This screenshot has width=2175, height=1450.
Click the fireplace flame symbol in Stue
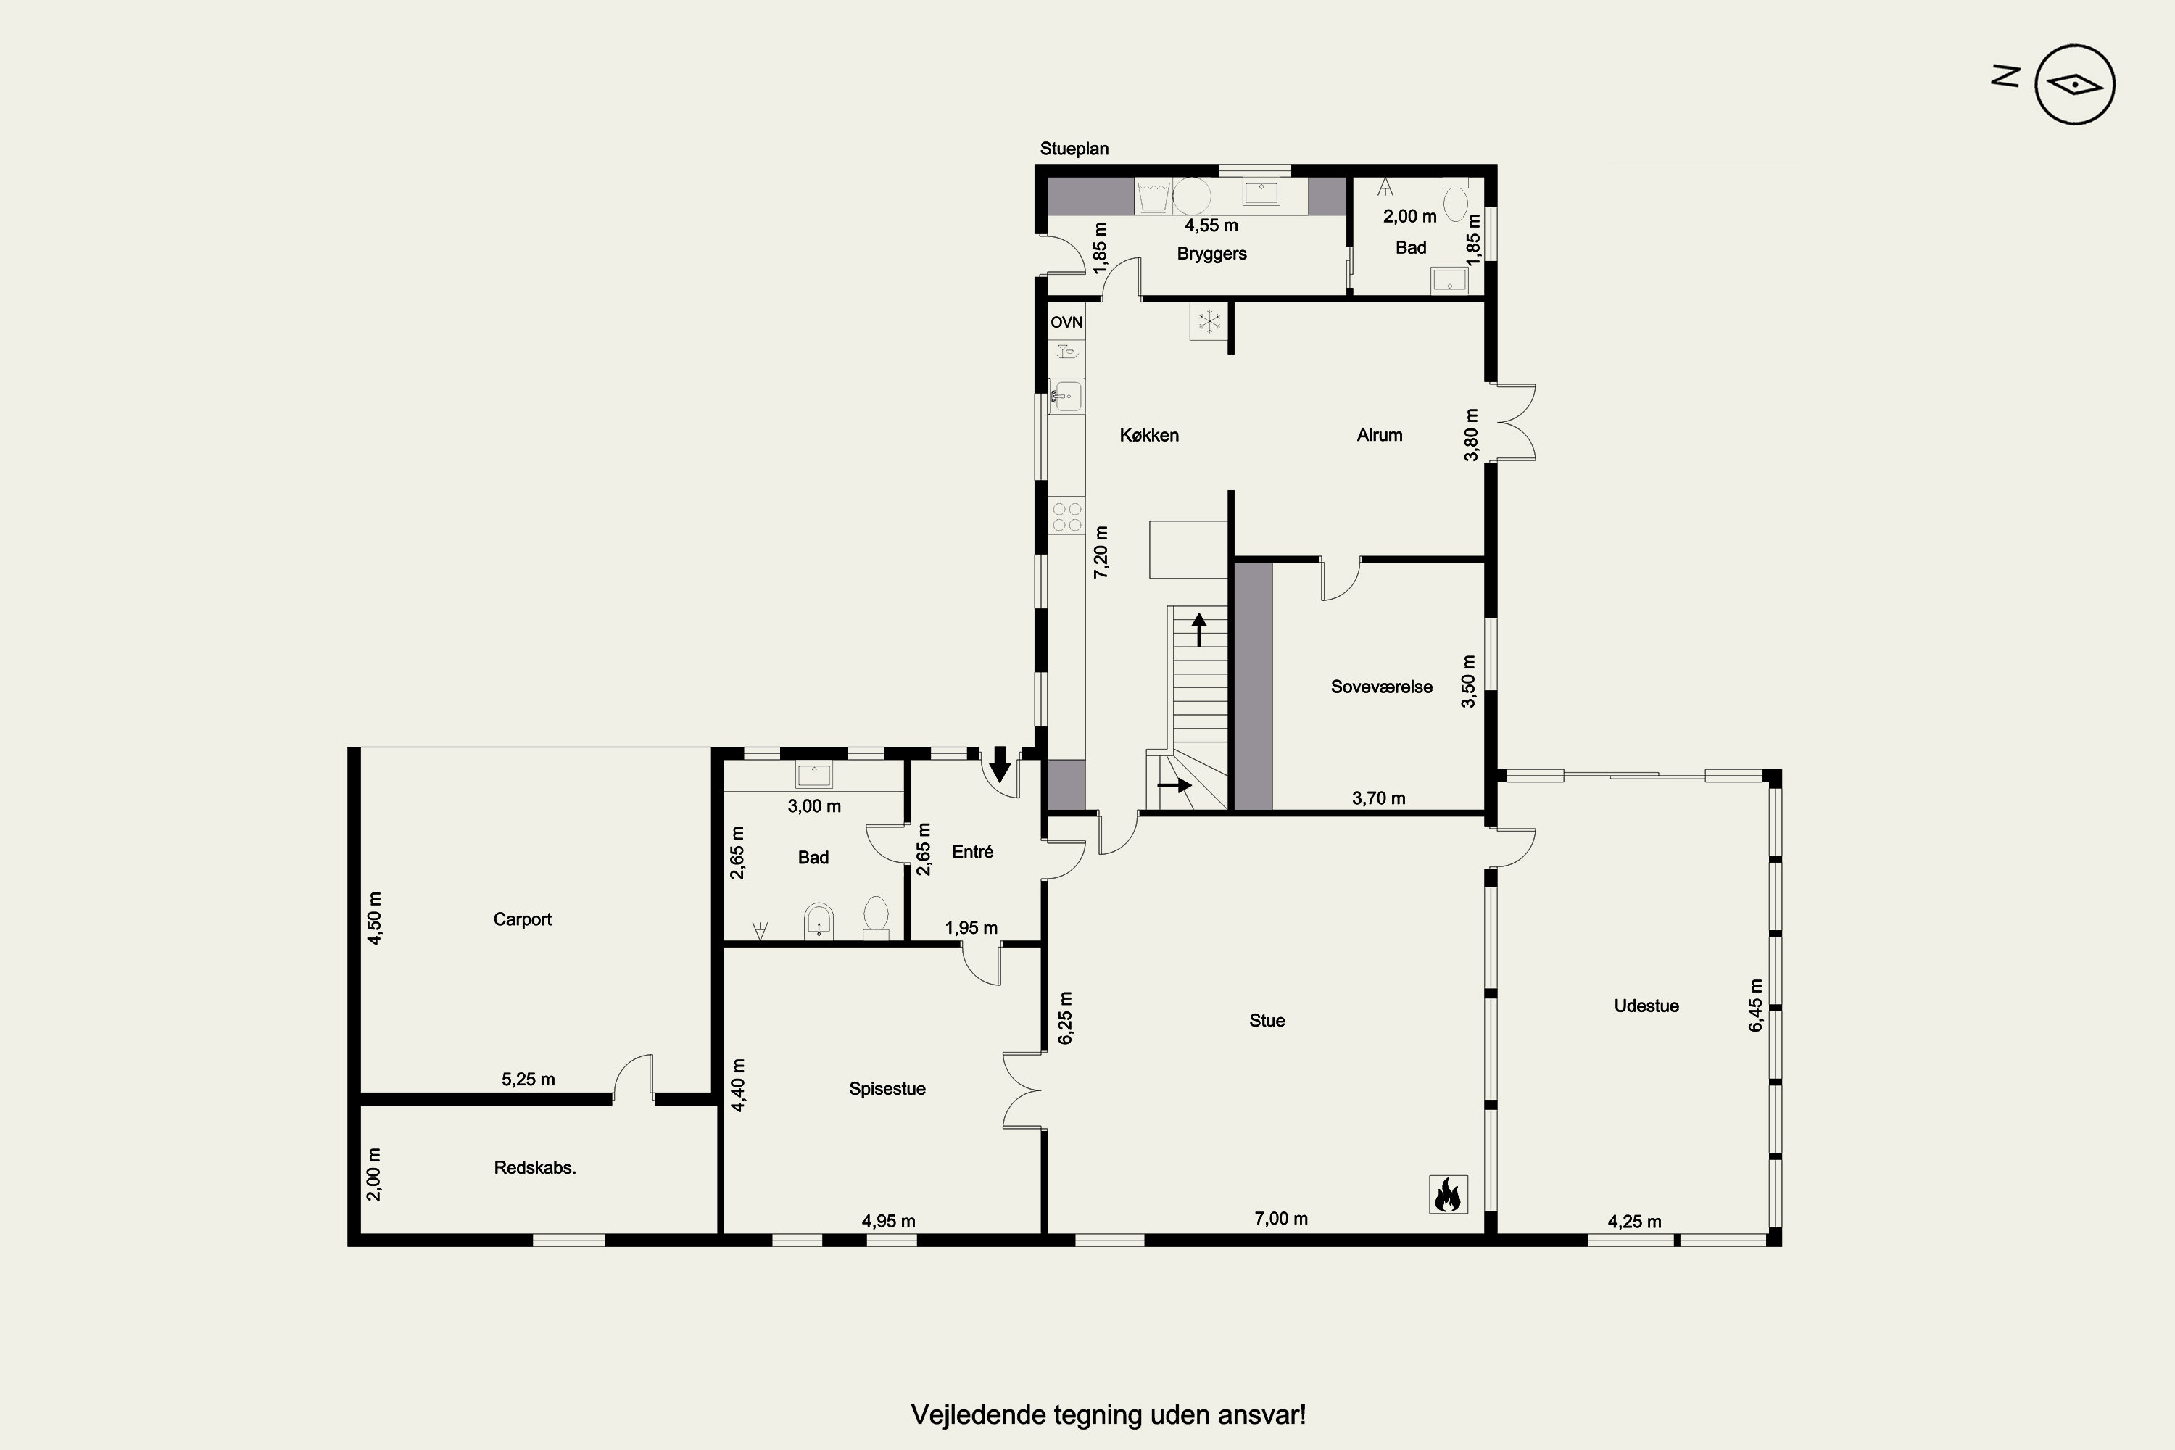pos(1448,1194)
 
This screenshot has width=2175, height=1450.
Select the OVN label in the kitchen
pos(1066,322)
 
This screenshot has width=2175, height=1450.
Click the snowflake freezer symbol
pos(1209,322)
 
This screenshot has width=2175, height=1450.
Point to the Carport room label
pos(523,919)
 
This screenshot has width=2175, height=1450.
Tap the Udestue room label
pos(1646,1006)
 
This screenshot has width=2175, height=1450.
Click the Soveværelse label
pos(1382,687)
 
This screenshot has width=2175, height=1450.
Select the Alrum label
pos(1380,434)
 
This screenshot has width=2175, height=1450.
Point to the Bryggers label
pos(1211,253)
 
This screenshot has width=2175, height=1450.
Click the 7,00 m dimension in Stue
pos(1281,1219)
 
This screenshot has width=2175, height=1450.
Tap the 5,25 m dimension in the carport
pos(528,1080)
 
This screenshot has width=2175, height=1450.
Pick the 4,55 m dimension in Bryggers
pos(1211,225)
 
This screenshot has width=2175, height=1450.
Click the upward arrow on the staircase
pos(1199,629)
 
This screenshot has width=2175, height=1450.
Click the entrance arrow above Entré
pos(1000,765)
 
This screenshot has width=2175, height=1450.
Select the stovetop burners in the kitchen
pos(1067,517)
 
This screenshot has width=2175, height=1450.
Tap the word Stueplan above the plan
pos(1074,149)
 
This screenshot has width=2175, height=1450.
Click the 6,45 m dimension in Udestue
pos(1756,1005)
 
